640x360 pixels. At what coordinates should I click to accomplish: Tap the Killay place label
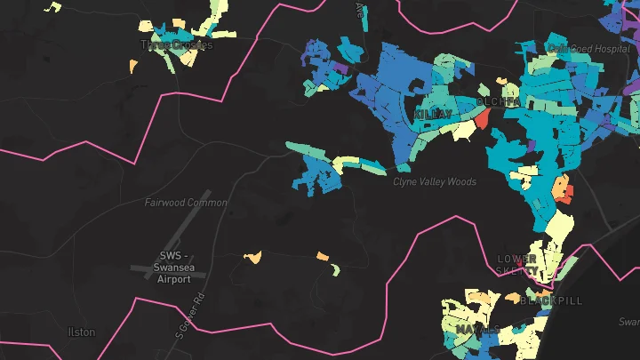tap(433, 115)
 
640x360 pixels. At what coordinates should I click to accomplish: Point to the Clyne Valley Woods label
tap(435, 181)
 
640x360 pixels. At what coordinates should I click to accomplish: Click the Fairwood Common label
tap(186, 203)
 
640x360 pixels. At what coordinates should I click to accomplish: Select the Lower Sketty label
tap(517, 264)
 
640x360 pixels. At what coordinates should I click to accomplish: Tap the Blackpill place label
tap(551, 300)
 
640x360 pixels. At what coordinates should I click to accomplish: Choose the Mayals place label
tap(478, 329)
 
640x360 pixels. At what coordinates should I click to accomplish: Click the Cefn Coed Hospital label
tap(582, 48)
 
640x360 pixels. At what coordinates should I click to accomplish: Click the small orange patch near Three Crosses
tap(133, 66)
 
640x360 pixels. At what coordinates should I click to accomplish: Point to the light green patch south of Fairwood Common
tap(335, 269)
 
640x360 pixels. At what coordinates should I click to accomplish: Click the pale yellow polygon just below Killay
tap(463, 132)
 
